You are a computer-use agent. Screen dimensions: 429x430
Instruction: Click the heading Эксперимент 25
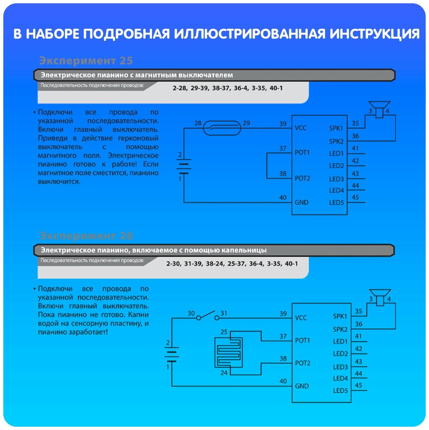click(86, 61)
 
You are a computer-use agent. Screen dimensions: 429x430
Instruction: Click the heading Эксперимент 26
click(86, 236)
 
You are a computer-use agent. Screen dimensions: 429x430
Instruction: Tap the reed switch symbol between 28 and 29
click(221, 128)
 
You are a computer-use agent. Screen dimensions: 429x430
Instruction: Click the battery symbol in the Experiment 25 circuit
click(183, 166)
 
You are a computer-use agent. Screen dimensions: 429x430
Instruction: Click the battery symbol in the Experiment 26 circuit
click(172, 354)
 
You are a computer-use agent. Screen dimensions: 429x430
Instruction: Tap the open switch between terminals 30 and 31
click(208, 316)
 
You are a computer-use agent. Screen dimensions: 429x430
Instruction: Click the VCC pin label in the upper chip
click(300, 128)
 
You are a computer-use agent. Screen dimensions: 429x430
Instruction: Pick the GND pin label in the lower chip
click(302, 386)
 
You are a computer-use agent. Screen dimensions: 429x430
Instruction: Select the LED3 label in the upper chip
click(336, 179)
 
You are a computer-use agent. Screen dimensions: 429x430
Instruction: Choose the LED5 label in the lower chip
click(340, 391)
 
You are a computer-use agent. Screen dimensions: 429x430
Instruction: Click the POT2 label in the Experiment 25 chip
click(302, 178)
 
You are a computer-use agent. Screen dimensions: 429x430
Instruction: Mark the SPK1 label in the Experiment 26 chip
click(340, 316)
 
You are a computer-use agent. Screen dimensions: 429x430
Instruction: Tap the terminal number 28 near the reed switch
click(198, 123)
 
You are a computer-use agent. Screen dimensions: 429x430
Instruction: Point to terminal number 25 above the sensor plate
click(224, 332)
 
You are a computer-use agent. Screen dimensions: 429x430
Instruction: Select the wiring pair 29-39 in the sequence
click(200, 88)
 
